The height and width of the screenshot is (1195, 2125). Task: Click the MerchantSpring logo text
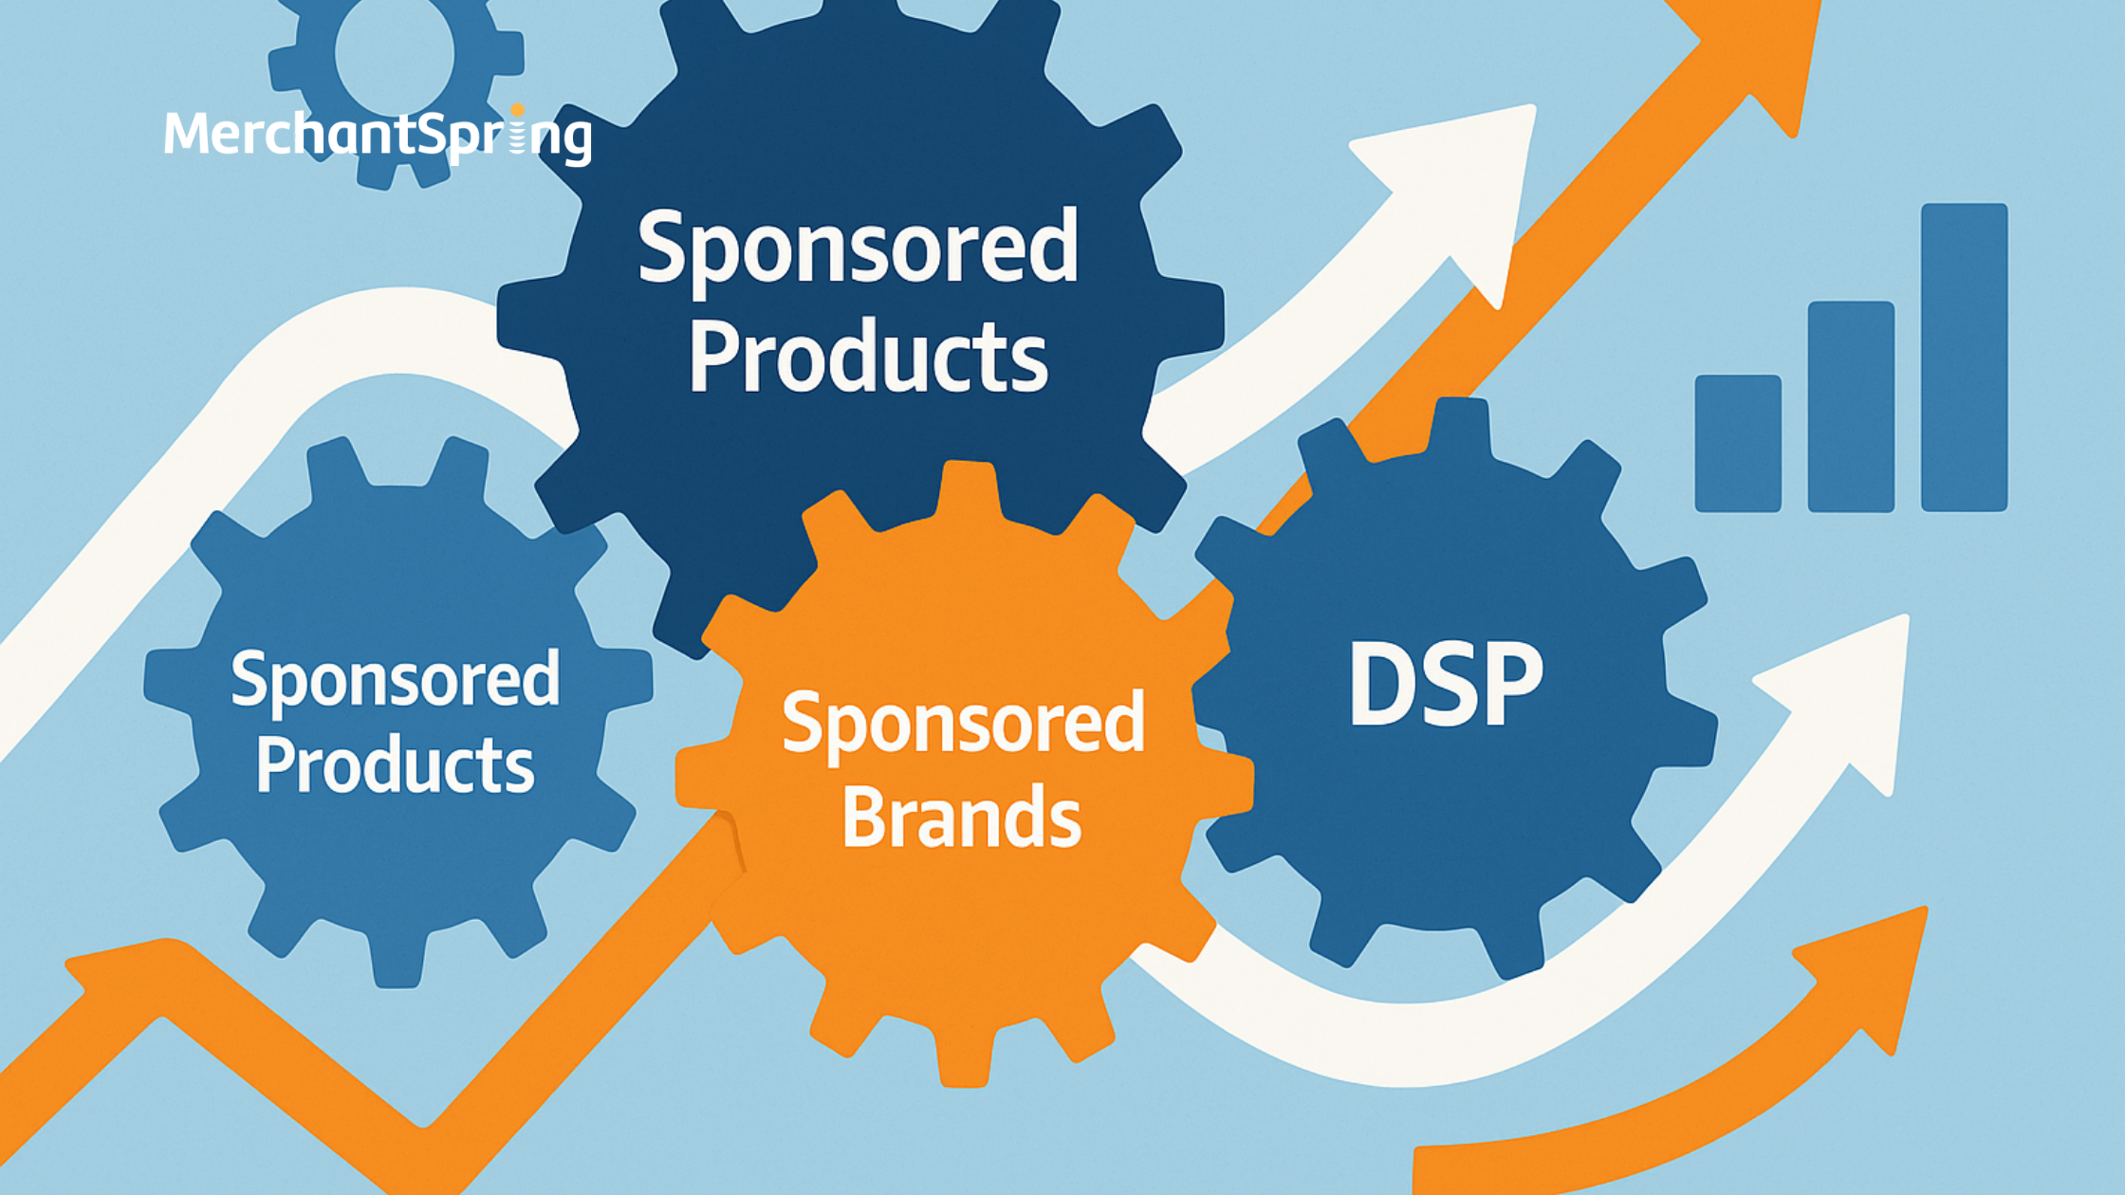point(378,135)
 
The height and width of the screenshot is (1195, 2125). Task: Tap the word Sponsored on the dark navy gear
point(858,247)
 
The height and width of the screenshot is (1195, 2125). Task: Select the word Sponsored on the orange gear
point(963,723)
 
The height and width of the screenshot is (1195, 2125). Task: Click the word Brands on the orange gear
point(961,817)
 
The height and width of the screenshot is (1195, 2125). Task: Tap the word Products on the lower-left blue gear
point(395,765)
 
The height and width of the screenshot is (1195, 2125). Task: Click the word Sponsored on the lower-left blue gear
point(395,679)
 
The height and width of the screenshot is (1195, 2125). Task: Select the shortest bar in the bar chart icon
point(1738,443)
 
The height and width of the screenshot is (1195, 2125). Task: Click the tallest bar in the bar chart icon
point(1964,357)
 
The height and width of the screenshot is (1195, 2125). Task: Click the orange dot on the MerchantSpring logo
point(517,111)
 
